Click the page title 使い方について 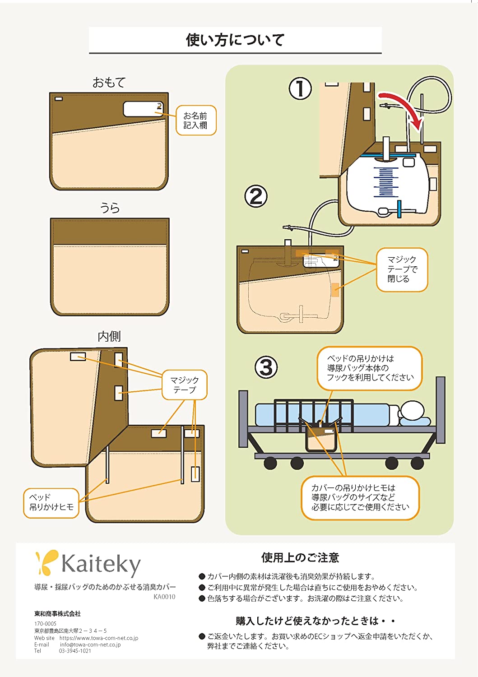click(235, 40)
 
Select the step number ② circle click(256, 196)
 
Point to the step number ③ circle click(266, 367)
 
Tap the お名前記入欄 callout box click(196, 121)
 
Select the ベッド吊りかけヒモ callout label click(51, 502)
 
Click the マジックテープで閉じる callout click(402, 269)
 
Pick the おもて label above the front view click(109, 83)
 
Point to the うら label click(110, 208)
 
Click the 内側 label click(109, 337)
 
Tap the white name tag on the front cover click(142, 109)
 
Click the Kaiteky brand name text click(101, 564)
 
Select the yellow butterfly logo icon click(47, 562)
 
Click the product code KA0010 click(164, 597)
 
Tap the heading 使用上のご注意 click(300, 558)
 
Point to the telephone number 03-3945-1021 click(75, 651)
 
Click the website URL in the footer click(99, 638)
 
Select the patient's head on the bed click(413, 411)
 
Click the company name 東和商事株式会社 click(57, 614)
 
